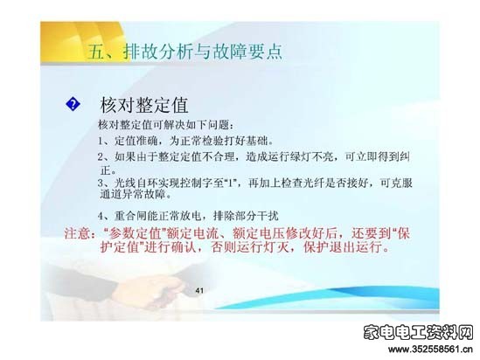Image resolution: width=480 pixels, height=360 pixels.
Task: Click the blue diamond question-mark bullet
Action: tap(73, 104)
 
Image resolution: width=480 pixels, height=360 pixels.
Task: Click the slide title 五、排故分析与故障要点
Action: tap(184, 51)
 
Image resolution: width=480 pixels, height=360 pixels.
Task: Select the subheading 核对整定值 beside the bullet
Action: tap(144, 105)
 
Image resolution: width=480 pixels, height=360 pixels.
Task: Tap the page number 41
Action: tap(199, 290)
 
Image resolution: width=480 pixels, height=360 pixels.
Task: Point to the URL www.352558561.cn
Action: tap(431, 350)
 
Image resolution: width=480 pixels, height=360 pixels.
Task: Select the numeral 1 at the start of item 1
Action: tap(101, 141)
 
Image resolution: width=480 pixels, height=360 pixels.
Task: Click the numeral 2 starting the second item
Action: tap(101, 157)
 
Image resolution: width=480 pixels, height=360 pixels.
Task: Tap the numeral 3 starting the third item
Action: tap(101, 183)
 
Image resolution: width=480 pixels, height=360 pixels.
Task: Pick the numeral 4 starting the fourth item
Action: tap(101, 216)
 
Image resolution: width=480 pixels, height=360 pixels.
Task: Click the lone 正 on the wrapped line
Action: tap(106, 170)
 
